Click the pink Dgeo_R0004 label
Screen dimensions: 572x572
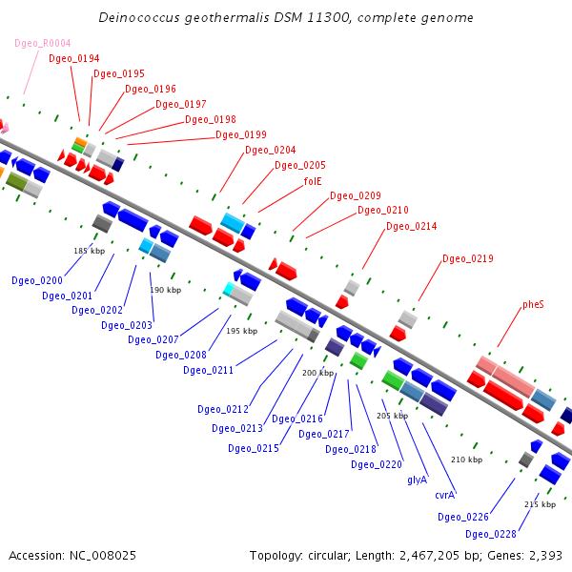43,44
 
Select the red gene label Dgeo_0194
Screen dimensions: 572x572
73,59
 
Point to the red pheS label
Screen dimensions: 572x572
533,305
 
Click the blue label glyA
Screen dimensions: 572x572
417,480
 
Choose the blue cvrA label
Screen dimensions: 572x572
444,495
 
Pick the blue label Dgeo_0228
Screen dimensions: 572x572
492,534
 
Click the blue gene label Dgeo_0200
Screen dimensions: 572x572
37,281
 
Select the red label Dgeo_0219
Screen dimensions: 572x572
468,259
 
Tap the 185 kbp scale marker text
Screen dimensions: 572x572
89,251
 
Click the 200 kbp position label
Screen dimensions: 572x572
317,373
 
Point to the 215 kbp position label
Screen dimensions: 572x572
540,504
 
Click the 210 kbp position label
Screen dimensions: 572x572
466,460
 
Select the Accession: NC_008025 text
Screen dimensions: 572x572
59,555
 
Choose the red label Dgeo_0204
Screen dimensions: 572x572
271,151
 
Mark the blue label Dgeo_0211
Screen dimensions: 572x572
209,370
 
